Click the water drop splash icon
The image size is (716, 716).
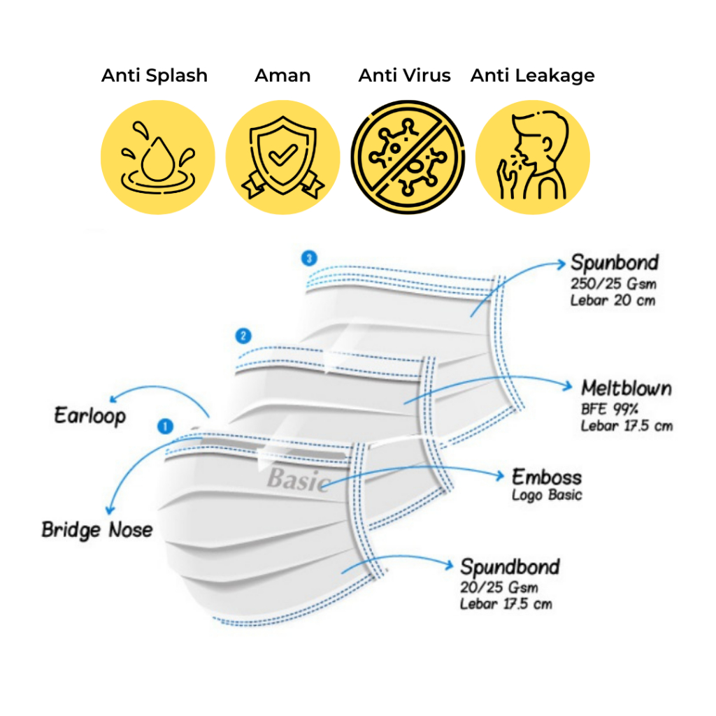157,157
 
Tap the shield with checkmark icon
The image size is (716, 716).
282,157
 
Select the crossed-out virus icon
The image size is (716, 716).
408,157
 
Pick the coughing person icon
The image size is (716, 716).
532,157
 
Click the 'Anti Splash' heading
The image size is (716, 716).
155,76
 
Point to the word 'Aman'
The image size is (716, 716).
282,76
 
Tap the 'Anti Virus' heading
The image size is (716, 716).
405,76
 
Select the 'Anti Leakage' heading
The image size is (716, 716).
532,76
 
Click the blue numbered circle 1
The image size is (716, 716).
165,427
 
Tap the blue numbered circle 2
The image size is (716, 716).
243,336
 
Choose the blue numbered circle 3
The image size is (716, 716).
309,258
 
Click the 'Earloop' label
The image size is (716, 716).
90,416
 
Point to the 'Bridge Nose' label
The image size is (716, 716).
96,530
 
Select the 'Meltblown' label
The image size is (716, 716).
626,388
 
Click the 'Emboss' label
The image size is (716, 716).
547,477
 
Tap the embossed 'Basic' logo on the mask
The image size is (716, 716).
299,480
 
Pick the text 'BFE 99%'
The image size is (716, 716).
610,409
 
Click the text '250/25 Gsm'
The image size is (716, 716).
613,284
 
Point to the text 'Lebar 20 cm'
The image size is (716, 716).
613,301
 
